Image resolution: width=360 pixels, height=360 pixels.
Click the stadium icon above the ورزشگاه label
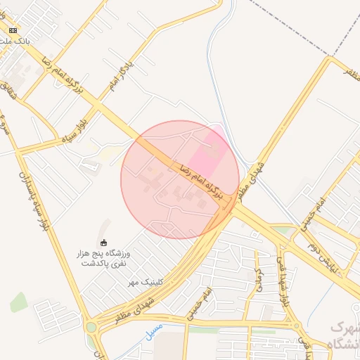pyautogui.click(x=104, y=243)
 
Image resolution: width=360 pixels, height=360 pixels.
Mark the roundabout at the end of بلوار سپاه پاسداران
pyautogui.click(x=91, y=326)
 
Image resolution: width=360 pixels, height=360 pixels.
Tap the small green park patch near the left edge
pyautogui.click(x=19, y=302)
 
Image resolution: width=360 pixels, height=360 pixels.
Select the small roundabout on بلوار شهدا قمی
pyautogui.click(x=296, y=326)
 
